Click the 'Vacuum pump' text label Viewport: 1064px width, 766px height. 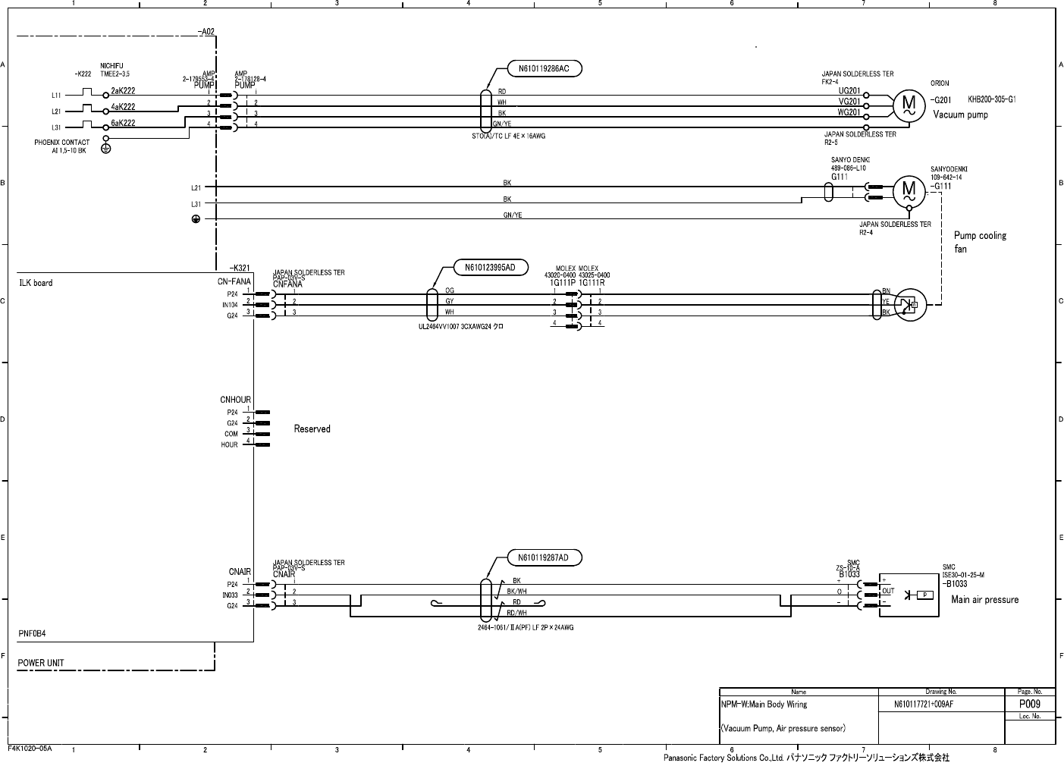coord(960,115)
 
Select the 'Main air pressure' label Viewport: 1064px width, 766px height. coord(984,599)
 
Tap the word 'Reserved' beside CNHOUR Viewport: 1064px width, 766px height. coord(312,429)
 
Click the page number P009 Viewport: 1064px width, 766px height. coord(1029,704)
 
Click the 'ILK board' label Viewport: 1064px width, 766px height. coord(36,283)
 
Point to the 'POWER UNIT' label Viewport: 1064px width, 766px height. coord(41,663)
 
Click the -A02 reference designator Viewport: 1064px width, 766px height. coord(206,32)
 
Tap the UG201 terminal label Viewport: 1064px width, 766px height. coord(849,91)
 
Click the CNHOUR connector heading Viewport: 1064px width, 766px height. coord(235,400)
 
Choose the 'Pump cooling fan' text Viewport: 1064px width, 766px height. coord(979,242)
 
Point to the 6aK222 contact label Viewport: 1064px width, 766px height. coord(123,123)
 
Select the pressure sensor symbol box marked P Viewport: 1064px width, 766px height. coord(924,595)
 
